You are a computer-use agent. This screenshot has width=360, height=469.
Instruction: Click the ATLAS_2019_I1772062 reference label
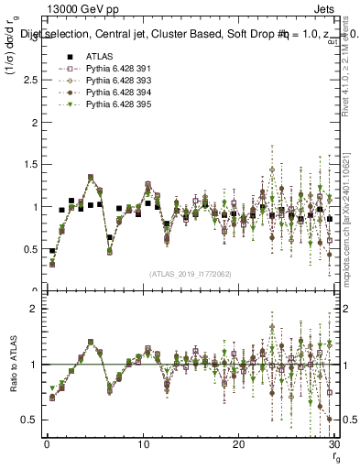point(189,274)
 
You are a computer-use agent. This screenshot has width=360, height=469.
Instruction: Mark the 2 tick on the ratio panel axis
point(34,309)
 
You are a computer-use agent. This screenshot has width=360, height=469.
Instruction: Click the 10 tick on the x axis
point(143,445)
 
